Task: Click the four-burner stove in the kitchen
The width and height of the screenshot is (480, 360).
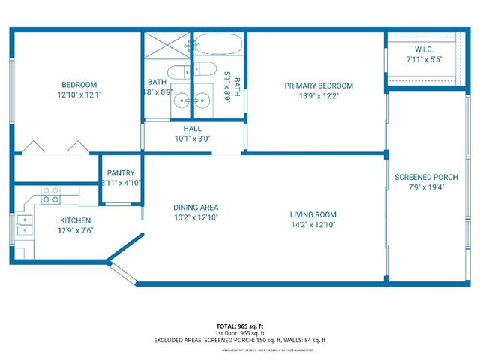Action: (50, 196)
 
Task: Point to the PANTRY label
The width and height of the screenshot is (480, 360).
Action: (121, 173)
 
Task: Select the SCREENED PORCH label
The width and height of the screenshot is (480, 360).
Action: (424, 177)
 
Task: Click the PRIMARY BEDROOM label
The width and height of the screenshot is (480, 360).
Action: (318, 85)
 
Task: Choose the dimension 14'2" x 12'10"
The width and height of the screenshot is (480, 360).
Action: (313, 225)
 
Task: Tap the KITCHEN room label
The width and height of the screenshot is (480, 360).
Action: (76, 220)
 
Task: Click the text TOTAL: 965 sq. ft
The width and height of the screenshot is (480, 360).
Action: (240, 326)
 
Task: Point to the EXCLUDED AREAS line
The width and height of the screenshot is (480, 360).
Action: (240, 340)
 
